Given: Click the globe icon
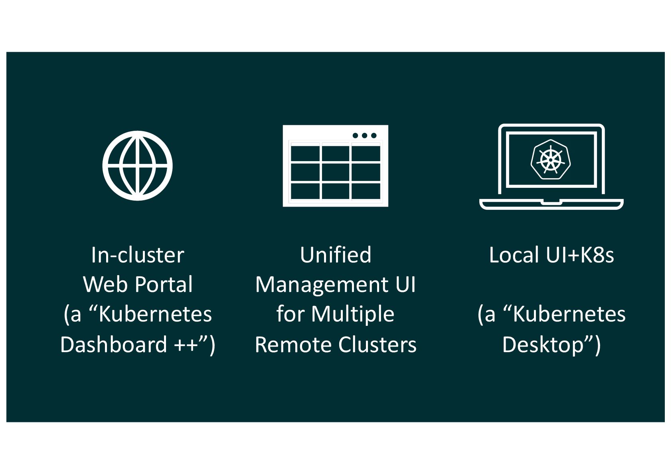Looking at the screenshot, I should tap(137, 166).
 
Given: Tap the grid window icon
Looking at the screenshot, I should tap(335, 166).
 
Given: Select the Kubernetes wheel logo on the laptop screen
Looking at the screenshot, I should tap(551, 159).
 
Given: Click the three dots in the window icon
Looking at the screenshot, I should tap(364, 136).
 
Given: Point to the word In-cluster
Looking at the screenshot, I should tap(137, 255).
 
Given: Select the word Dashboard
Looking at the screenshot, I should tap(113, 344).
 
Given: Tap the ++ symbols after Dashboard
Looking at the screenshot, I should tap(186, 344).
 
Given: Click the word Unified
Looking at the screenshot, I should tap(335, 255).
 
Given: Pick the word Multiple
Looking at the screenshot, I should tap(353, 314).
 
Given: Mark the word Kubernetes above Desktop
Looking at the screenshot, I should tap(569, 314).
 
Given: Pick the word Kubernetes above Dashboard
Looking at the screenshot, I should tap(155, 314).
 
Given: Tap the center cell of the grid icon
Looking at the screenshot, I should tap(336, 172).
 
